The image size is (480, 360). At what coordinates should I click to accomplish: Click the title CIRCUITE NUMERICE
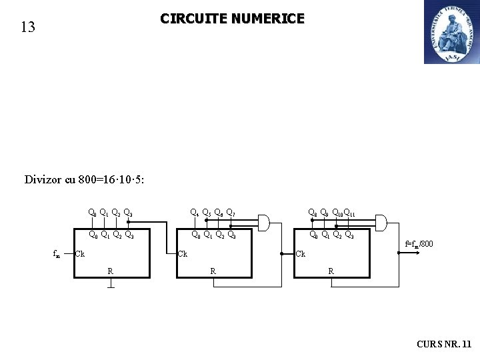coord(232,19)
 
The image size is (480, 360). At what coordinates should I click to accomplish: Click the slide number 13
coord(27,27)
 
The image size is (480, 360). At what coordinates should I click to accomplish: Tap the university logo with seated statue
coord(451,32)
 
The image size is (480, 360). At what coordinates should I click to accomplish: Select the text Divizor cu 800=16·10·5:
coord(85,179)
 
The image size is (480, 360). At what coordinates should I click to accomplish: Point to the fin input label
coord(57,254)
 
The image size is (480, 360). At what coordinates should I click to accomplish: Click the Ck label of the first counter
coord(80,254)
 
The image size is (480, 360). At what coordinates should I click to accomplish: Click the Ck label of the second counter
coord(182,254)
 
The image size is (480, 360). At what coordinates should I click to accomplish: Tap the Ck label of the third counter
coord(301,254)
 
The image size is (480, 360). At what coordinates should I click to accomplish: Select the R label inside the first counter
coord(110,271)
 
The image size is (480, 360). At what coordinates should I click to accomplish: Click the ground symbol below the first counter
coord(110,286)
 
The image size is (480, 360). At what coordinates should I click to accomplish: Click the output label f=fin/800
coord(419,245)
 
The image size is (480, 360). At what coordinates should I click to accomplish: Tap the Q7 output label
coord(230,213)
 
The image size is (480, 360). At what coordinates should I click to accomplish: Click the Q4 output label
coord(194,213)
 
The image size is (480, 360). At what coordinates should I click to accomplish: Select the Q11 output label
coord(350,214)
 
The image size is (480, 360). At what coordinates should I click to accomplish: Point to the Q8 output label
coord(311,213)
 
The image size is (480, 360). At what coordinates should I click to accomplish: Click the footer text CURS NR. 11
coord(443,344)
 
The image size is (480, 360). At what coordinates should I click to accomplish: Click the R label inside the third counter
coord(331,271)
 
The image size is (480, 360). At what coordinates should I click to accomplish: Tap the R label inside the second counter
coord(213,271)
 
